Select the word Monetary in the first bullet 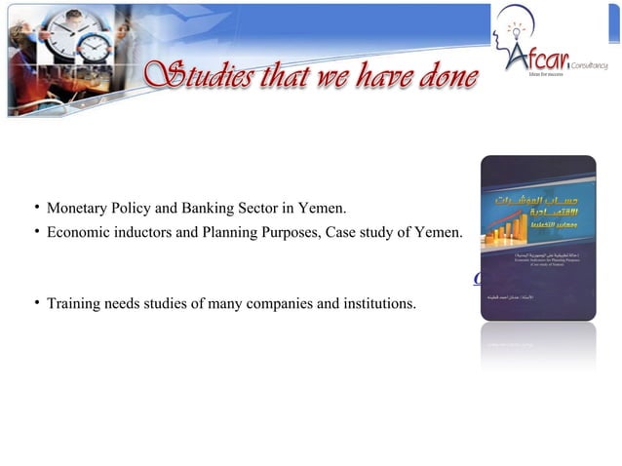tap(77, 209)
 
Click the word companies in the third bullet tap(280, 304)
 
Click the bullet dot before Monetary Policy tap(36, 208)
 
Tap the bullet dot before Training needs tap(36, 303)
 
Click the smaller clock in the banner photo tap(96, 45)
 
